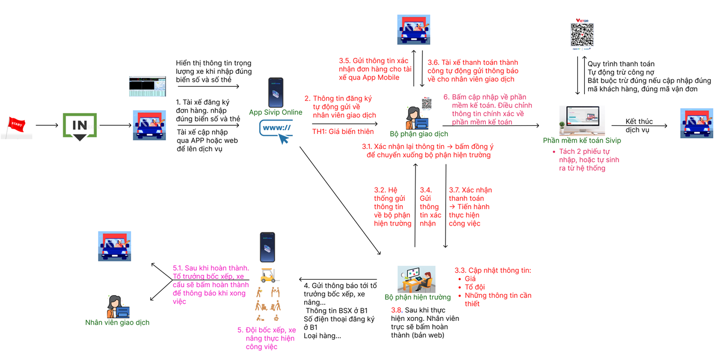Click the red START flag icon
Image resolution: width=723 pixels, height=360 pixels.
coord(16,127)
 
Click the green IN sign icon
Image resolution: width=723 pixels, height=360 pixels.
coord(80,126)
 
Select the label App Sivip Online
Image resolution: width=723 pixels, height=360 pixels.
coord(275,112)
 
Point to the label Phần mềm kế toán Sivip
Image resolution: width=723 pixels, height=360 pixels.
coord(582,141)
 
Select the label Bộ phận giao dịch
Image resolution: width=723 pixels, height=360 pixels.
coord(419,134)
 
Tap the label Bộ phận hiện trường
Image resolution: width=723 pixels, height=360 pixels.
coord(418,297)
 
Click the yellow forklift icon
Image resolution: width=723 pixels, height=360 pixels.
coord(268,275)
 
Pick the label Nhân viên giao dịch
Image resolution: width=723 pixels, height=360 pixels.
coord(117,322)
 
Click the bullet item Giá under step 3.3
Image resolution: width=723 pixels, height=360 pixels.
coord(470,279)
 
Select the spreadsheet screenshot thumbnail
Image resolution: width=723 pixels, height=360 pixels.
coord(147,86)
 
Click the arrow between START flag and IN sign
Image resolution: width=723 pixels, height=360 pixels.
coord(47,126)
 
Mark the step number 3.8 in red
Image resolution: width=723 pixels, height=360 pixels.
coord(396,310)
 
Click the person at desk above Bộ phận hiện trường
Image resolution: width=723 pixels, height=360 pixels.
coord(417,279)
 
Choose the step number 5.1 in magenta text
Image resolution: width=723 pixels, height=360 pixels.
coord(177,268)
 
